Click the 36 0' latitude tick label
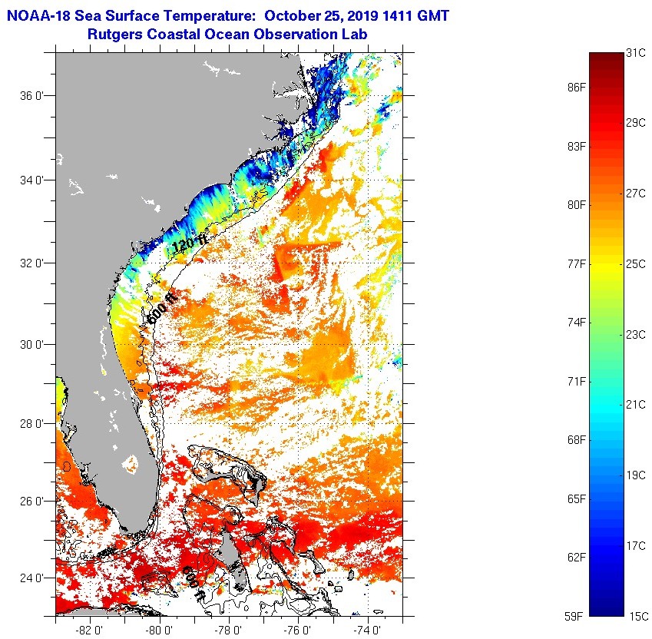tap(31, 96)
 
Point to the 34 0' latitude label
tap(31, 180)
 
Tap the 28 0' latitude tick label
tap(31, 423)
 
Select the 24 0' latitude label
tap(31, 578)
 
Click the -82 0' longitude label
tap(91, 629)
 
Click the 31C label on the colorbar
tap(635, 53)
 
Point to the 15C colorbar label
tap(635, 616)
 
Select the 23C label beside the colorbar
tap(635, 334)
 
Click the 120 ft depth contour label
tap(189, 244)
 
